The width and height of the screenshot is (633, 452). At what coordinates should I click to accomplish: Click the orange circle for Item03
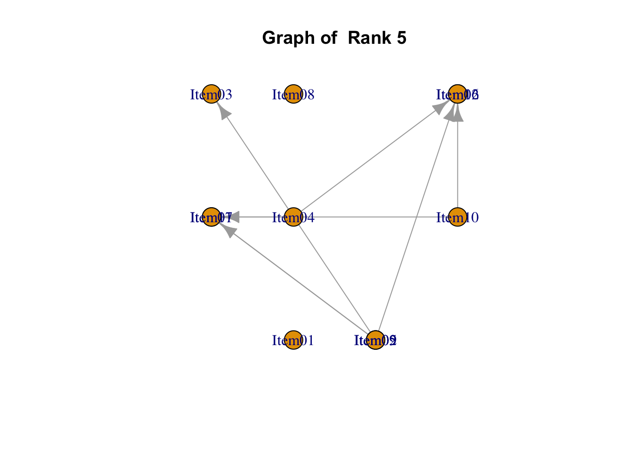coord(211,94)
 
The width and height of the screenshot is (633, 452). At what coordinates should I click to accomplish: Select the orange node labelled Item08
coord(293,94)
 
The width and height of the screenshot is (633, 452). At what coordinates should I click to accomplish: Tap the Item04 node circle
coord(293,217)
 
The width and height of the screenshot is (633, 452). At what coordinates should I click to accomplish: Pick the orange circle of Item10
coord(457,217)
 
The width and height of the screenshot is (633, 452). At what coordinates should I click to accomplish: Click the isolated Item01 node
coord(293,340)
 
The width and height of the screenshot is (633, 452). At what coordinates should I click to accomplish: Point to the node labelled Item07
coord(211,217)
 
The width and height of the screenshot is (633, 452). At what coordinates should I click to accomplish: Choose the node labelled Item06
coord(457,94)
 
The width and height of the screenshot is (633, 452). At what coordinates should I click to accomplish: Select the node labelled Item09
coord(375,340)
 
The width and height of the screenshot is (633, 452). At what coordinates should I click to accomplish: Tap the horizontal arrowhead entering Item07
coord(233,217)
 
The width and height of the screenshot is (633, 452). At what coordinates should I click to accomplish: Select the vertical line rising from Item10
coord(457,165)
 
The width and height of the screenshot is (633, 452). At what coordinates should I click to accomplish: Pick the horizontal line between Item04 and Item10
coord(377,217)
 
